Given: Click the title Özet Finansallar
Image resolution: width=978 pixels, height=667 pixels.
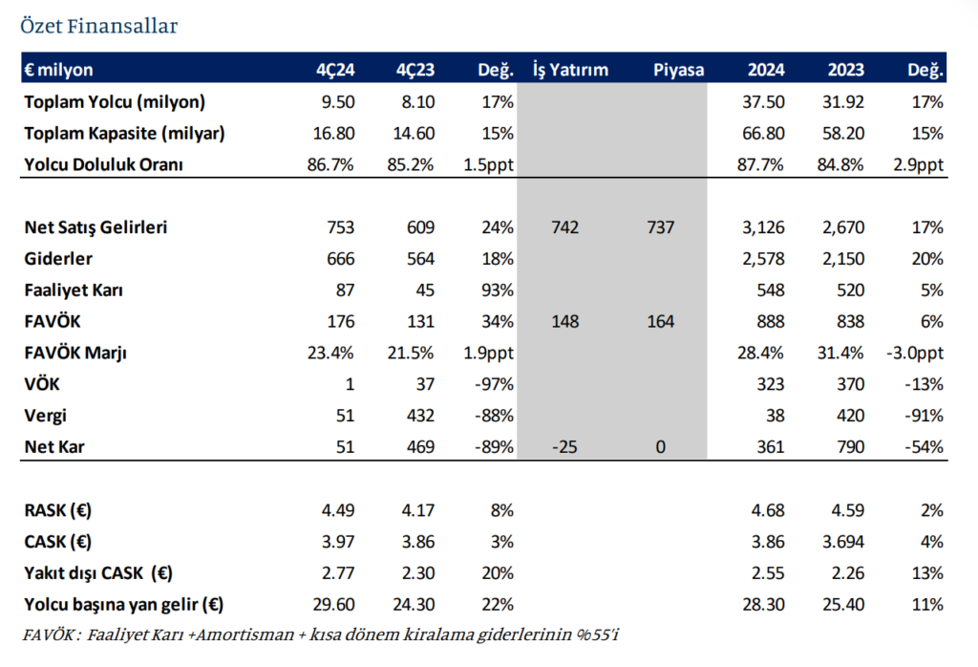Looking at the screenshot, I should point(98,26).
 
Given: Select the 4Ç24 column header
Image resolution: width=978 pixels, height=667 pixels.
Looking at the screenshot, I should point(334,70).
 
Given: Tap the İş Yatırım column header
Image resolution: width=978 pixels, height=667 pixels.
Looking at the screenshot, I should point(570,70).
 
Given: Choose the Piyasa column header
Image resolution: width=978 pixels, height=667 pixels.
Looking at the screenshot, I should point(679,70).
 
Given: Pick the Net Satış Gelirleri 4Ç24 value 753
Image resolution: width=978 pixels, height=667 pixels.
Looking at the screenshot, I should point(340,227).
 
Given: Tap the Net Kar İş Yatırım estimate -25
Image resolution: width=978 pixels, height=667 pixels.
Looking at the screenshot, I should point(564,446).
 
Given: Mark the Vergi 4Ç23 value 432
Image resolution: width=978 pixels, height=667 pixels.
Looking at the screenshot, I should point(420,415).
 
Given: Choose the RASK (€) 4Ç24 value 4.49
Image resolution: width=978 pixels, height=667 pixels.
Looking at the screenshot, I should point(336,509).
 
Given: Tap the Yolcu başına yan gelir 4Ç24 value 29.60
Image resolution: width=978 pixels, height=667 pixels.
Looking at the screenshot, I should point(333,604).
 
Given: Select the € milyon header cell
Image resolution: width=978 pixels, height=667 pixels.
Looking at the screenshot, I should point(59,70).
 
